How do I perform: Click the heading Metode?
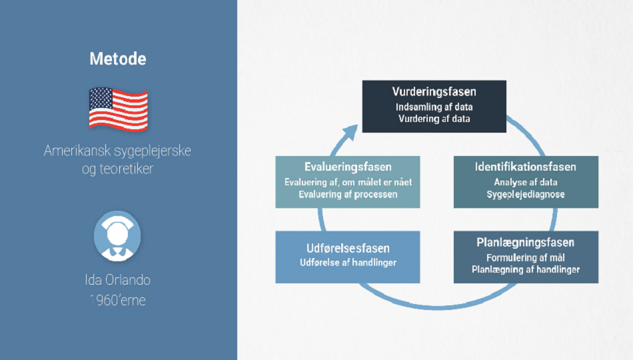click(118, 59)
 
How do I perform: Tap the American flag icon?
click(119, 109)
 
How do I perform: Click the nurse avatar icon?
click(117, 236)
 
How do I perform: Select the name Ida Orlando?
click(117, 279)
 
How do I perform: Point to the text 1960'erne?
click(117, 300)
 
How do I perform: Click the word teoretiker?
click(127, 169)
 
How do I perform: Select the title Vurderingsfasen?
click(434, 92)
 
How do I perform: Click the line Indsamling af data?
click(434, 107)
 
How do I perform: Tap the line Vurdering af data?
click(434, 119)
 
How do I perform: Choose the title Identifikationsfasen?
click(526, 167)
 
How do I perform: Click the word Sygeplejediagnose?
click(526, 195)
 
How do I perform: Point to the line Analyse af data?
click(526, 182)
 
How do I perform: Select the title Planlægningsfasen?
click(526, 243)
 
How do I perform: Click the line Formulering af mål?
click(526, 258)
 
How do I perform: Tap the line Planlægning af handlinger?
click(526, 269)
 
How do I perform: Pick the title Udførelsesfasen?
click(348, 248)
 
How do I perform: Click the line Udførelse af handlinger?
click(348, 263)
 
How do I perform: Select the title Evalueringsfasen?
click(348, 167)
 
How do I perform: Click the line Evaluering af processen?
click(348, 195)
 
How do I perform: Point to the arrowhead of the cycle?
click(350, 132)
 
